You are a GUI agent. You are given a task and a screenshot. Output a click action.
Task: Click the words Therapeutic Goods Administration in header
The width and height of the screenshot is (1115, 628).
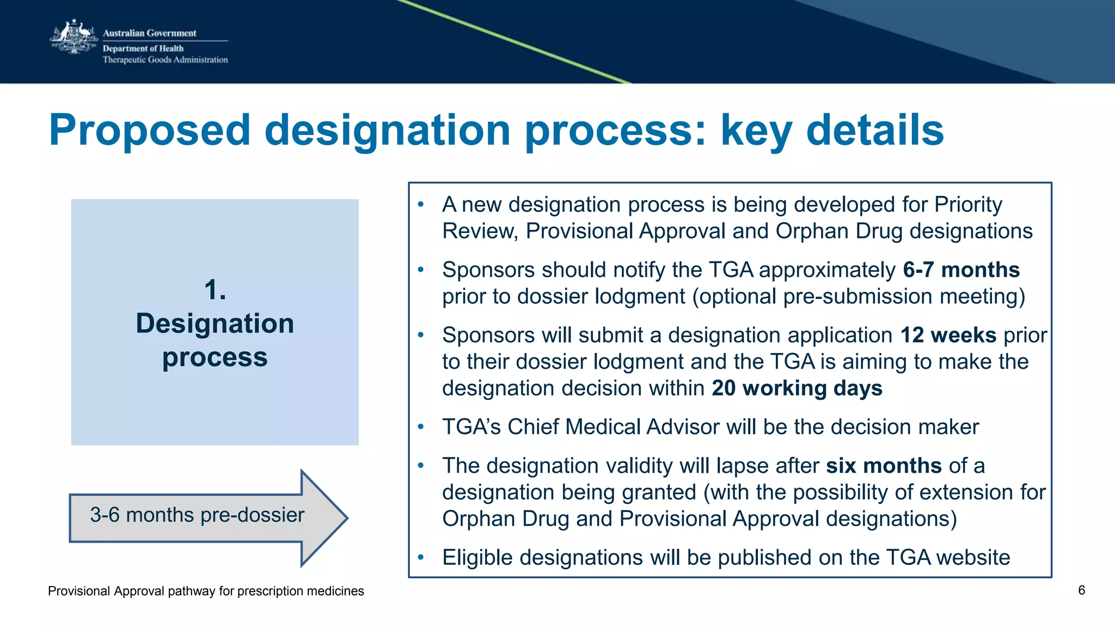[165, 60]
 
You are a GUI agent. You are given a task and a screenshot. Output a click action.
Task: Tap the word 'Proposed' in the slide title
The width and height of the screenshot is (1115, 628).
[150, 130]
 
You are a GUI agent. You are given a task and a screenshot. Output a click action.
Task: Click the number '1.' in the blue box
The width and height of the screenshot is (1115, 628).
[215, 289]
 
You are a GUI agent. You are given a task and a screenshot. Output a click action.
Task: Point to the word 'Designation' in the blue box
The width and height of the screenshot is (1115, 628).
[215, 324]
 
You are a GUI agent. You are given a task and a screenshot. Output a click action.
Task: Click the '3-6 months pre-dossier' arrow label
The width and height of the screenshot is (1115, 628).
[197, 515]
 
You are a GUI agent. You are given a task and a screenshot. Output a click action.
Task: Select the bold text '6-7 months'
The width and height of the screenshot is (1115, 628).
[961, 270]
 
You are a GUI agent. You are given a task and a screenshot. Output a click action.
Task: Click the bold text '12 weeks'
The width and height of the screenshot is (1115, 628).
[948, 336]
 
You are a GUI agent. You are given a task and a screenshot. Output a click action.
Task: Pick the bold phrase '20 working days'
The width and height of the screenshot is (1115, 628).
[797, 388]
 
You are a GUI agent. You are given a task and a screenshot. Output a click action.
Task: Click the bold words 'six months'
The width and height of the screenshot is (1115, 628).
[883, 466]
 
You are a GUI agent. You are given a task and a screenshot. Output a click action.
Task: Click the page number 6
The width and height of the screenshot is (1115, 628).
[1081, 590]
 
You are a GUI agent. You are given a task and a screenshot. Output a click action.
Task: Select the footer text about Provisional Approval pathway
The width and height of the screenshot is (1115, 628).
[206, 591]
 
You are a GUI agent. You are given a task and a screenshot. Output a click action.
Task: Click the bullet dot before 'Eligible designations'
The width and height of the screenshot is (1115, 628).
[420, 557]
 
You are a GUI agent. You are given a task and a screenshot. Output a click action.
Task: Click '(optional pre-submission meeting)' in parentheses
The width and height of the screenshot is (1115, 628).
[859, 297]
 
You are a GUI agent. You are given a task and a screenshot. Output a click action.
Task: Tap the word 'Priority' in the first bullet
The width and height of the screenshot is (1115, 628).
[968, 205]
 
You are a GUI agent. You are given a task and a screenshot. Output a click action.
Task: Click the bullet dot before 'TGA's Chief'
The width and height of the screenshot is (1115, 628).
[420, 427]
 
